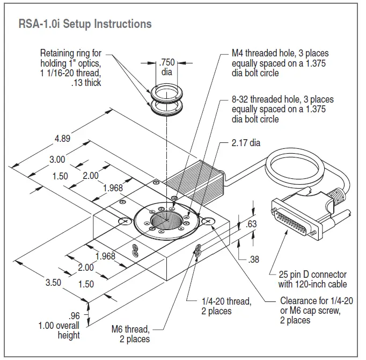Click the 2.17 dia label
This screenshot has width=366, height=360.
pos(246,143)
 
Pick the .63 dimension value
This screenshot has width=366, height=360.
pos(251,225)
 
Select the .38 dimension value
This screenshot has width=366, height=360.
pos(254,260)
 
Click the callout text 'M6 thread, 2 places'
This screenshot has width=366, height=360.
pos(131,334)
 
